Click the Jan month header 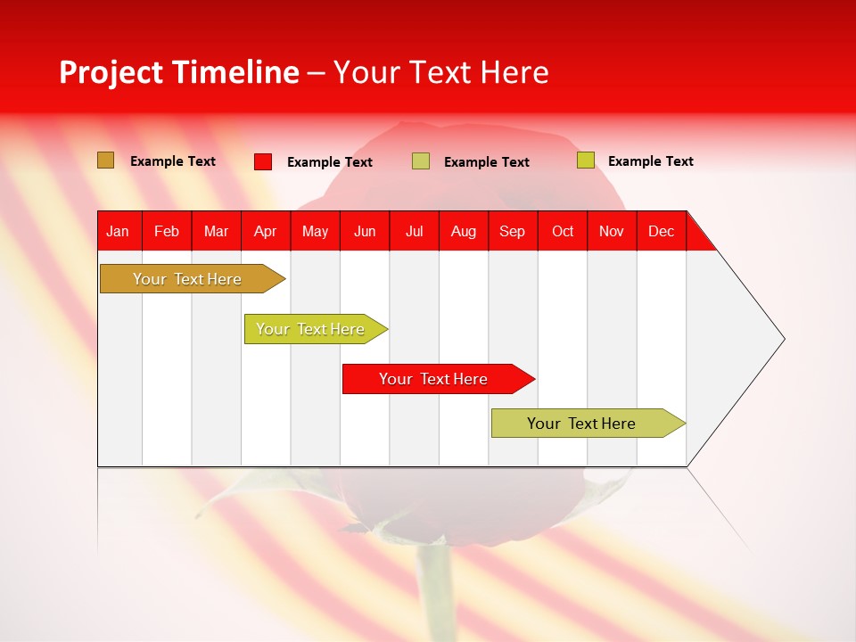pyautogui.click(x=118, y=231)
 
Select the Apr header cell pyautogui.click(x=266, y=231)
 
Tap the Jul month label pyautogui.click(x=414, y=231)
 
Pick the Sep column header pyautogui.click(x=512, y=231)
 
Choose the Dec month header pyautogui.click(x=661, y=231)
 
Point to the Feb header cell pyautogui.click(x=167, y=231)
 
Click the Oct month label pyautogui.click(x=563, y=231)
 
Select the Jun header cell pyautogui.click(x=365, y=231)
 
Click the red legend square pyautogui.click(x=263, y=161)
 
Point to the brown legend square pyautogui.click(x=105, y=160)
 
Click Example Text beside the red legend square pyautogui.click(x=330, y=162)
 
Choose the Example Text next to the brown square pyautogui.click(x=173, y=161)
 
